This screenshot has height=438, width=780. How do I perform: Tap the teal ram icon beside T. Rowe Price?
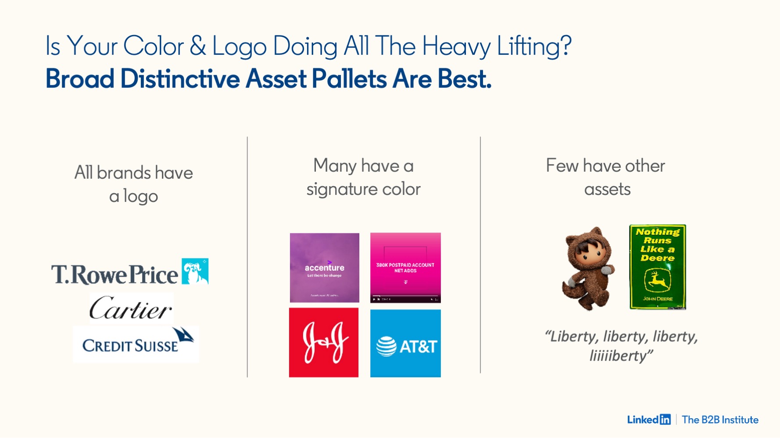[195, 271]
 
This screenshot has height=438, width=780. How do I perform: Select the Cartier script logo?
[131, 308]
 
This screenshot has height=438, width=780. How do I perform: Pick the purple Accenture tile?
[324, 268]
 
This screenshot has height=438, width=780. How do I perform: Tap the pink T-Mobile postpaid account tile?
[405, 268]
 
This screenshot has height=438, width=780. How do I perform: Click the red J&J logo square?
[324, 343]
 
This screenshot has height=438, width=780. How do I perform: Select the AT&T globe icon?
[386, 346]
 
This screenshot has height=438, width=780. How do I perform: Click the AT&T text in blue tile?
[418, 346]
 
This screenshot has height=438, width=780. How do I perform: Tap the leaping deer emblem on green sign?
[657, 280]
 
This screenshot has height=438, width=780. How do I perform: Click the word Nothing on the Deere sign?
[657, 232]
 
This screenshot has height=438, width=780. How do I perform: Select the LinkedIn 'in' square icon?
[665, 420]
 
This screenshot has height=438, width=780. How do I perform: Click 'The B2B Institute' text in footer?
[720, 420]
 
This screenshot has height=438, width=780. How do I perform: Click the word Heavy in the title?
[456, 46]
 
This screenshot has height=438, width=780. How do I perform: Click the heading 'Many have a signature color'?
[363, 177]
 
